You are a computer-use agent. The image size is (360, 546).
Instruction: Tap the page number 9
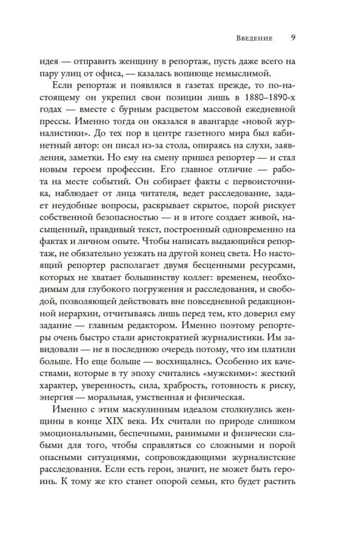tap(292, 38)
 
